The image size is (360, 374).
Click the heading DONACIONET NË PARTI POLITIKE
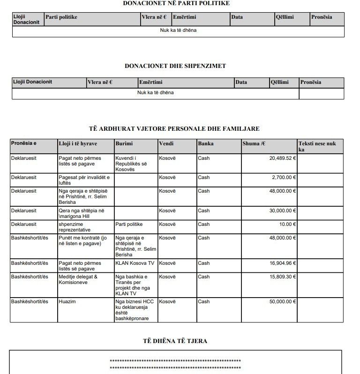(x=176, y=3)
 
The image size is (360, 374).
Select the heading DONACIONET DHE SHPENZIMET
(x=176, y=66)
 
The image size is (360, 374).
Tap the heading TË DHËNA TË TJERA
(x=175, y=341)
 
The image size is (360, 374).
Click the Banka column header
(x=206, y=143)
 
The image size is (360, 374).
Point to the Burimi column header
(x=124, y=143)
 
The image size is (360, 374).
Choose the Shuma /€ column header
(x=253, y=143)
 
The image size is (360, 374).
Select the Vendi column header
(x=166, y=143)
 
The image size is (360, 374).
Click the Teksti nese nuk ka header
(x=317, y=146)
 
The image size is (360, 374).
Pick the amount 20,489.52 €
(x=283, y=158)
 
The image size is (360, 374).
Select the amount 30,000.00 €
(x=283, y=211)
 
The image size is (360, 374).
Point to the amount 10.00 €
(x=287, y=224)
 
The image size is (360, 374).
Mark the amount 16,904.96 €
(x=283, y=263)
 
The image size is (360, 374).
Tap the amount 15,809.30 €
(x=283, y=277)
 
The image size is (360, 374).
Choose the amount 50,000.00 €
(x=283, y=302)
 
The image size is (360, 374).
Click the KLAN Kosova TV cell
(x=135, y=263)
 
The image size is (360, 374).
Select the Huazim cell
(x=67, y=302)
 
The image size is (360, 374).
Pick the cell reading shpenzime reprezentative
(x=75, y=227)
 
